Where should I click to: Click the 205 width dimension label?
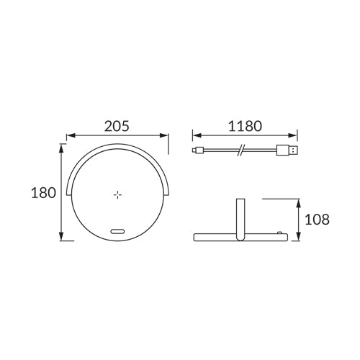[x=117, y=126]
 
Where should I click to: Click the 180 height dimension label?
[x=43, y=193]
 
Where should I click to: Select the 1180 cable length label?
[x=245, y=126]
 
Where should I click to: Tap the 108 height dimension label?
[x=317, y=219]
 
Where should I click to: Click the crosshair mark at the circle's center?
[x=117, y=194]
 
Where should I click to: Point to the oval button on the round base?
[x=117, y=232]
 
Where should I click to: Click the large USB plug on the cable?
[x=287, y=150]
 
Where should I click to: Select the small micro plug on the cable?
[x=198, y=150]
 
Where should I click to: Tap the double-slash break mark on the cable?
[x=240, y=150]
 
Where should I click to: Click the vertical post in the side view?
[x=240, y=219]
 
